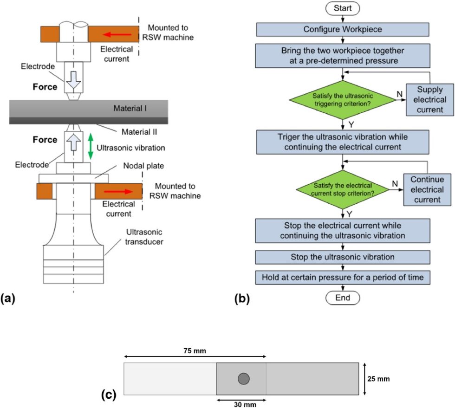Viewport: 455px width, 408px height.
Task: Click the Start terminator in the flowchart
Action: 342,8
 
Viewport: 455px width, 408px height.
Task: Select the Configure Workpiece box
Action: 342,29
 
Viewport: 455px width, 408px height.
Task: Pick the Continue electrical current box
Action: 427,189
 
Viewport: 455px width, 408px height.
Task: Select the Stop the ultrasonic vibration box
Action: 342,257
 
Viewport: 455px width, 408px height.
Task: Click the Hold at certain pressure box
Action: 342,277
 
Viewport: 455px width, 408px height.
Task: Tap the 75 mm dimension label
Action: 194,348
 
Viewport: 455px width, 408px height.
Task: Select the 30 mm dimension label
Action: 241,404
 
